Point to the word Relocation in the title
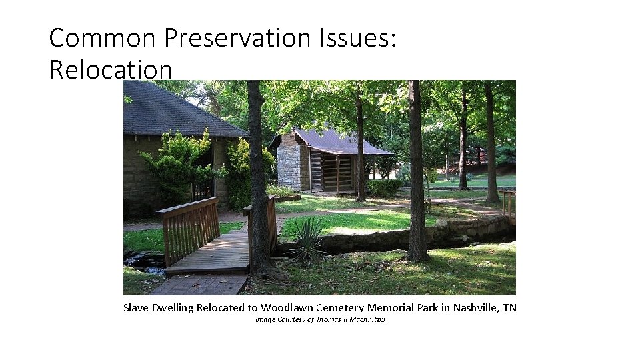click(111, 69)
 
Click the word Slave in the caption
click(136, 307)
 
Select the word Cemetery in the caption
click(339, 307)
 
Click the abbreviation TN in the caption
click(509, 307)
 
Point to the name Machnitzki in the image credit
click(368, 320)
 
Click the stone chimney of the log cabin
click(289, 163)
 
